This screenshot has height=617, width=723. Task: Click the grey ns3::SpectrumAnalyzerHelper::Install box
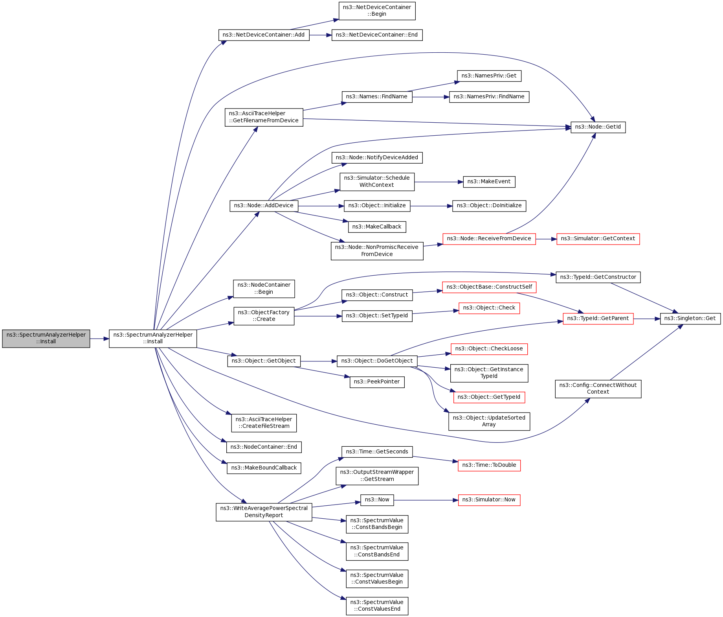coord(46,338)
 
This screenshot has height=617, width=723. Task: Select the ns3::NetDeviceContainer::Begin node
coord(377,11)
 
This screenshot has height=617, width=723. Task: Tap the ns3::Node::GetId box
coord(598,127)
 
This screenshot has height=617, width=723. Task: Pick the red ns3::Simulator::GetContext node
coord(598,239)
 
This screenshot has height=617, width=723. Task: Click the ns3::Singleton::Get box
coord(690,319)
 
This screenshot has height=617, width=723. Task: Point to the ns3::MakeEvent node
coord(489,182)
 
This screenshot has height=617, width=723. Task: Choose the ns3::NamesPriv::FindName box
coord(489,97)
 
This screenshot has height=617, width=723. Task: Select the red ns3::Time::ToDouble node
coord(489,465)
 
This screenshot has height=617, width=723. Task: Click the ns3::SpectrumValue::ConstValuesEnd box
coord(377,606)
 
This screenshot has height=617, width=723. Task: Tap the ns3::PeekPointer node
coord(377,382)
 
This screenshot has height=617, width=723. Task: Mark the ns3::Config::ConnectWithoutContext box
coord(598,389)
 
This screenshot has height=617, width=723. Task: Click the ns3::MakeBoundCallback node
coord(264,468)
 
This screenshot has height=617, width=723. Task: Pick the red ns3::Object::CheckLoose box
coord(489,349)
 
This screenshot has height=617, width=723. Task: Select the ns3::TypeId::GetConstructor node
coord(598,277)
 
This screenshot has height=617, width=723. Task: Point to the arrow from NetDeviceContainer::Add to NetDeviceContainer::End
coord(320,35)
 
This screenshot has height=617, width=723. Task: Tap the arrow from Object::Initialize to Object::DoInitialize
coord(431,206)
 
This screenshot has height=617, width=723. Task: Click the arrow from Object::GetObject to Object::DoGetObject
coord(319,361)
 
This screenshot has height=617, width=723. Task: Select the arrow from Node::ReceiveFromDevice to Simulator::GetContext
coord(546,239)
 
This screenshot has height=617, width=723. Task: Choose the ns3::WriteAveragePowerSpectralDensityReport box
coord(264,512)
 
